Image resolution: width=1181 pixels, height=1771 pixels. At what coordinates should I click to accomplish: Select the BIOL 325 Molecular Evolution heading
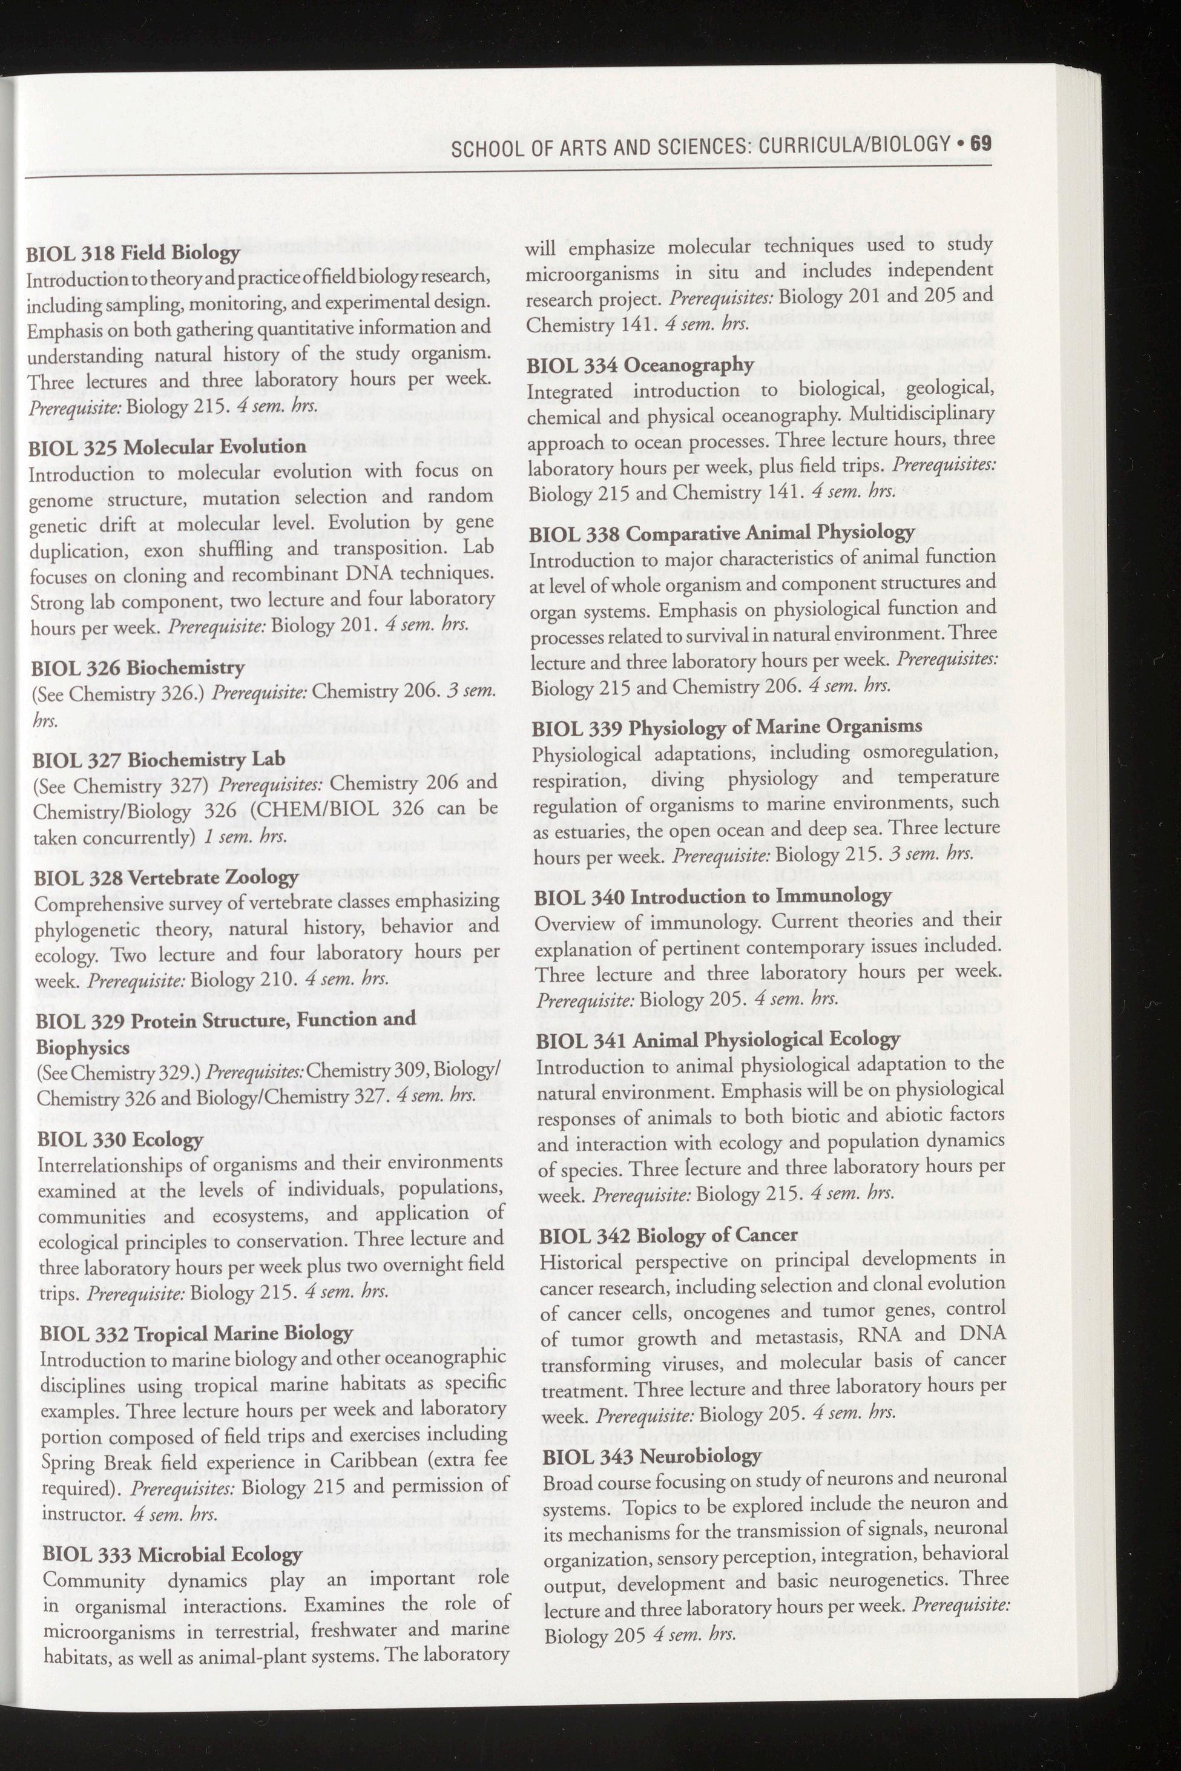[167, 447]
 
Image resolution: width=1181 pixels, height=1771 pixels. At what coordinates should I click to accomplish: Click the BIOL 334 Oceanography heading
[640, 364]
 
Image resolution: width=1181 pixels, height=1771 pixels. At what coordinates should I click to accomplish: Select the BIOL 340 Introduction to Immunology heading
[713, 897]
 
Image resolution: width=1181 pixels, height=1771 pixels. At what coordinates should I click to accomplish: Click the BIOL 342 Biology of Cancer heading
[669, 1235]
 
